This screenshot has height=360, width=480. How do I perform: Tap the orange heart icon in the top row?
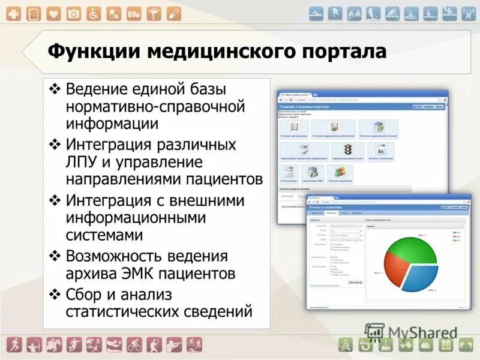point(54,13)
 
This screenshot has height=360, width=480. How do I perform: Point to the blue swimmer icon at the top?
point(317,13)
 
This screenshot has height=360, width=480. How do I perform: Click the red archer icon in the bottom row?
point(34,345)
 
